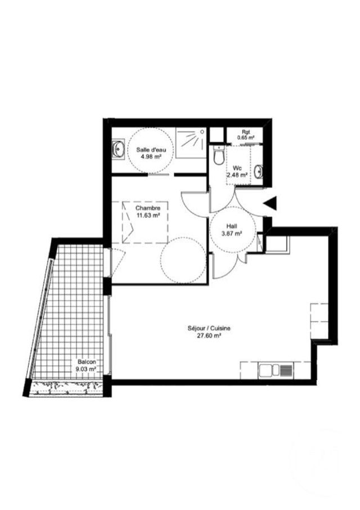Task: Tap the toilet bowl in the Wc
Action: tap(219, 156)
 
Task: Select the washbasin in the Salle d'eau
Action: tap(118, 150)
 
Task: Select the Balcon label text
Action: tap(87, 362)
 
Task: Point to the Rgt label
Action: tap(246, 132)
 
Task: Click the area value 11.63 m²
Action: tap(148, 214)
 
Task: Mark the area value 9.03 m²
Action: tap(86, 369)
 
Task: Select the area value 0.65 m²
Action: tap(246, 137)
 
